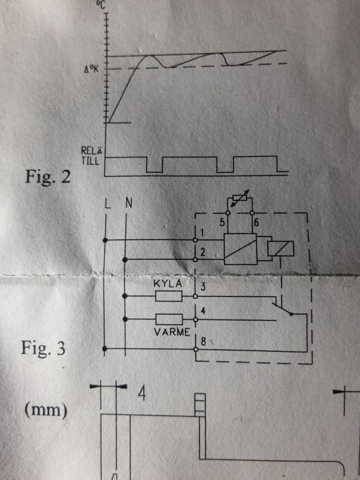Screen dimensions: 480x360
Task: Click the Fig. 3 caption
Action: tap(47, 348)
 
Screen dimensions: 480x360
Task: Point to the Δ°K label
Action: tap(92, 69)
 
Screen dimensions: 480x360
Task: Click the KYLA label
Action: tap(167, 283)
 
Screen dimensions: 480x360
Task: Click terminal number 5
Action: tap(223, 221)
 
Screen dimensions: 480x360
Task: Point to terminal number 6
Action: tap(256, 221)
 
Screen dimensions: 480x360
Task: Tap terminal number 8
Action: tap(203, 340)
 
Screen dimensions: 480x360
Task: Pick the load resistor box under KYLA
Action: tap(169, 296)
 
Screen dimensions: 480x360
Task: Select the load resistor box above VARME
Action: tap(169, 319)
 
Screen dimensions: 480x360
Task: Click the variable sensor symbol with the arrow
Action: tap(238, 200)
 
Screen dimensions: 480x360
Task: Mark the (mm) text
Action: tap(47, 411)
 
